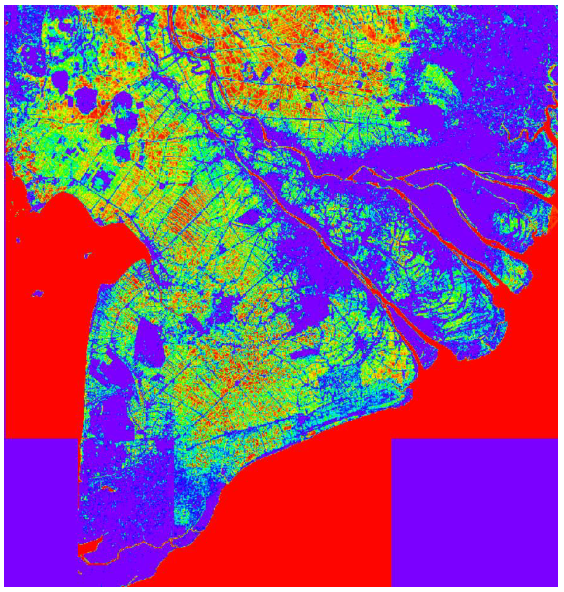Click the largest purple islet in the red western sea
click(38, 293)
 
